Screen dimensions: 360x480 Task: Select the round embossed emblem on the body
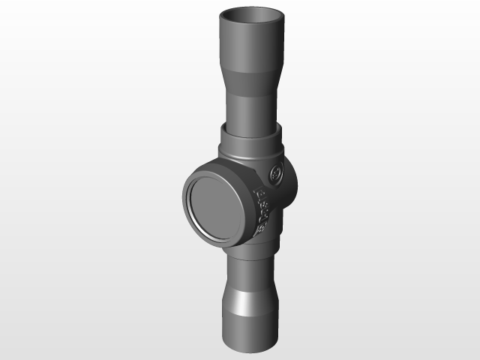pyautogui.click(x=275, y=173)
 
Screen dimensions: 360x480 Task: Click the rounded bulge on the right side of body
pyautogui.click(x=289, y=187)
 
